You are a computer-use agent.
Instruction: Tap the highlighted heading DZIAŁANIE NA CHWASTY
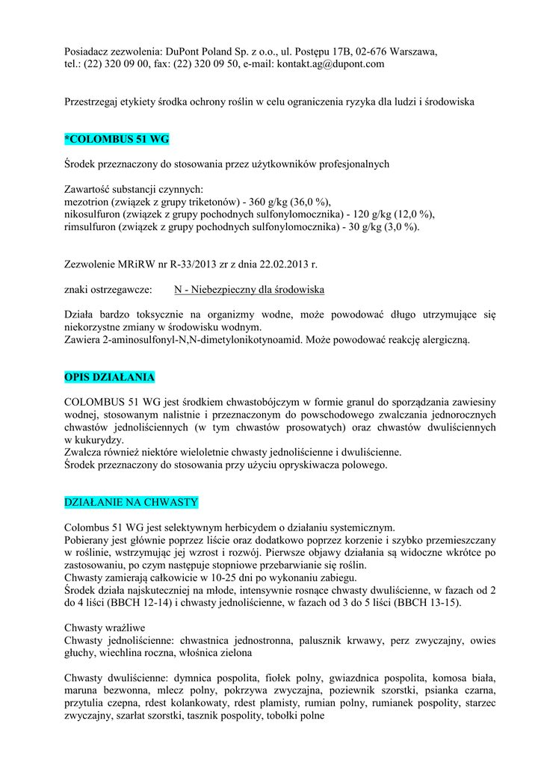pos(131,501)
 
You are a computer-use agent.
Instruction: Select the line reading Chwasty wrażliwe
pos(105,628)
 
